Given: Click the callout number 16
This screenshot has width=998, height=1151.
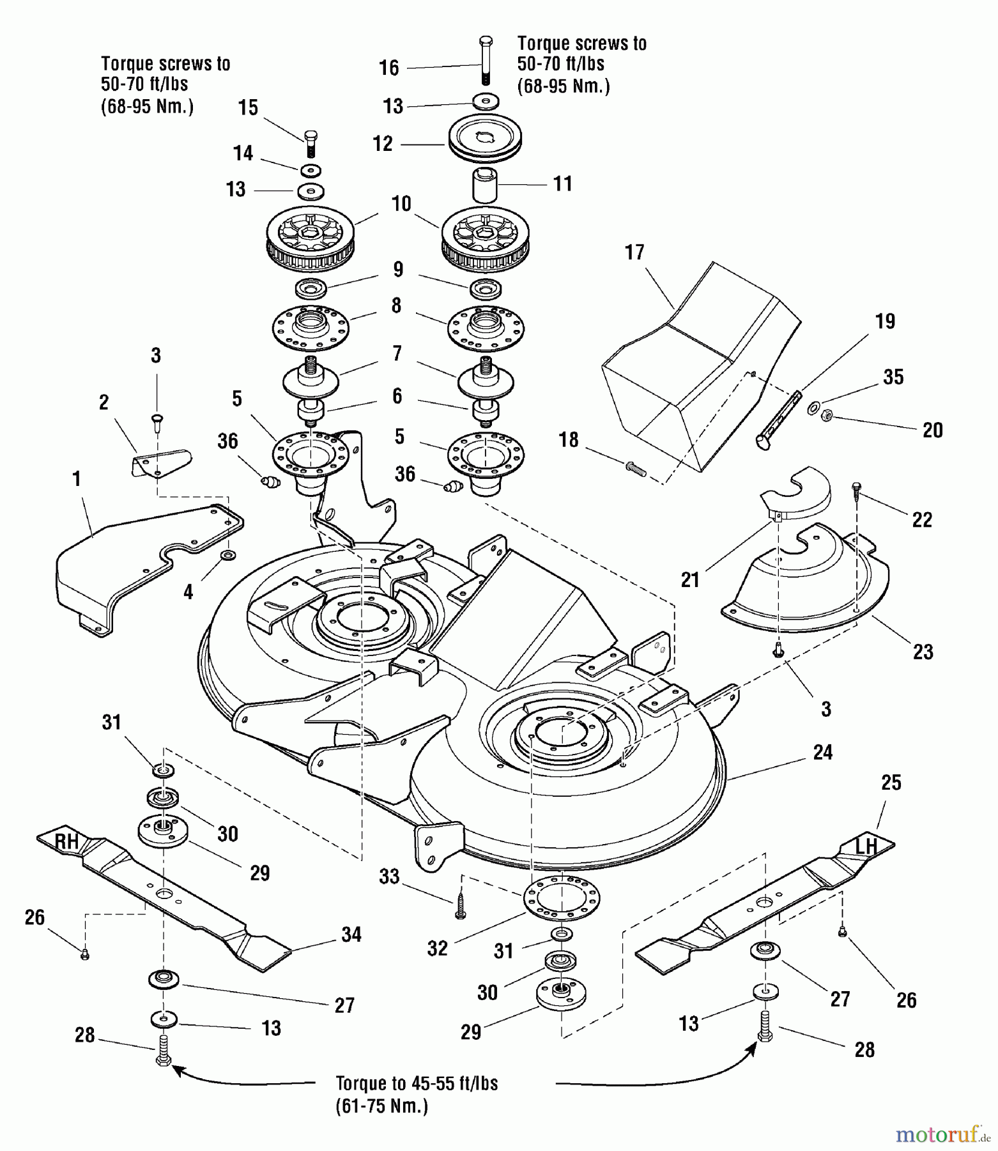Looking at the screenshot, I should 388,68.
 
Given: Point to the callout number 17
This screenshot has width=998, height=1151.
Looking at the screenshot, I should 634,253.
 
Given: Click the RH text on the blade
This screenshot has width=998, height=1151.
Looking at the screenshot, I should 66,842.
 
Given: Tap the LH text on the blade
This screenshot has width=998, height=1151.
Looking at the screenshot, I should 866,847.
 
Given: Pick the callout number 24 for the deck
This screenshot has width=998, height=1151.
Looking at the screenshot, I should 823,753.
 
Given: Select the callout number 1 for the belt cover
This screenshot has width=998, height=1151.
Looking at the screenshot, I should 77,479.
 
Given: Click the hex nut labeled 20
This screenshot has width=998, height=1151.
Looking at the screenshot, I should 827,415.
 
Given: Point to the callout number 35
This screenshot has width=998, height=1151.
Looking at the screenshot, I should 893,377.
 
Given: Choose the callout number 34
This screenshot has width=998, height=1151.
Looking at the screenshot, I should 351,935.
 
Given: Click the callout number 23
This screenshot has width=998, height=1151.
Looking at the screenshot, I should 923,652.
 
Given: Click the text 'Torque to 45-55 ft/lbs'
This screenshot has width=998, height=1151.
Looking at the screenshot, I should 417,1084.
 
